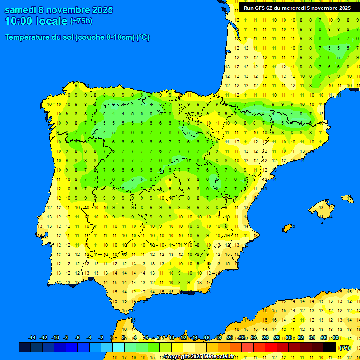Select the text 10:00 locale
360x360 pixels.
[36, 21]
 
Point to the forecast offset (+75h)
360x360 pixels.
[81, 21]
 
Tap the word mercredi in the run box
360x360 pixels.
[293, 8]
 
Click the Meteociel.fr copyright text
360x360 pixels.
[199, 357]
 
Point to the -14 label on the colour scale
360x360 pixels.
[32, 338]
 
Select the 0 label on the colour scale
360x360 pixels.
[111, 338]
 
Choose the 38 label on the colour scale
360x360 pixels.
[336, 338]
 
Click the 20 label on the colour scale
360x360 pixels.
[230, 338]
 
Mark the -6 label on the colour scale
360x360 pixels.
[77, 338]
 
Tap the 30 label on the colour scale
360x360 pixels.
[289, 338]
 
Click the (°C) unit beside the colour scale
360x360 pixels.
[345, 348]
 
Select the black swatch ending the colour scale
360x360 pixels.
[330, 347]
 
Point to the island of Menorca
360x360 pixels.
[347, 199]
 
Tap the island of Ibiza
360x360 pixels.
[287, 228]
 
